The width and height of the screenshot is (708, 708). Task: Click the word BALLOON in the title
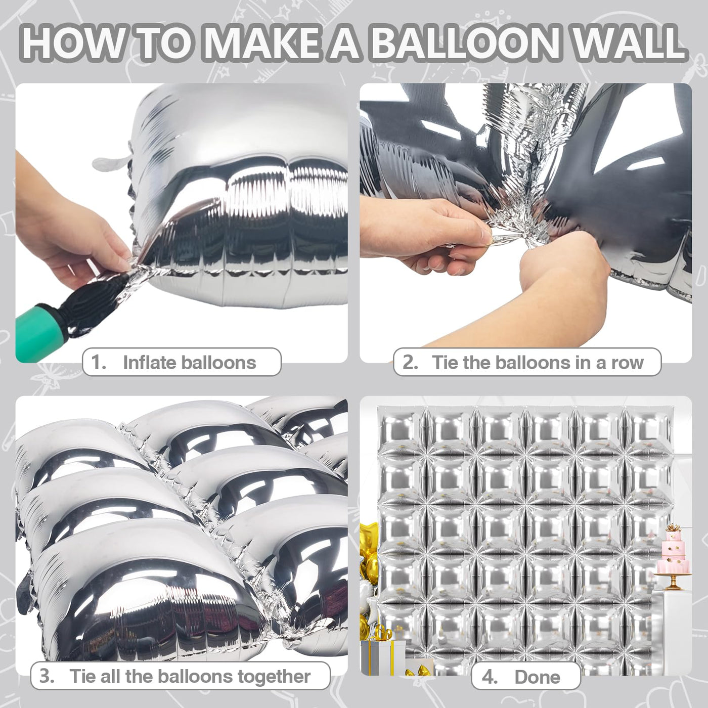click(465, 43)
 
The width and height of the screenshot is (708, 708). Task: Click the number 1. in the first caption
click(99, 362)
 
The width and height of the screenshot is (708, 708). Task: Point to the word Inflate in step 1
click(150, 362)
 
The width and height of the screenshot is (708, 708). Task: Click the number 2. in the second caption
click(411, 362)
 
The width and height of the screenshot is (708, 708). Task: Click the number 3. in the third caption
click(47, 676)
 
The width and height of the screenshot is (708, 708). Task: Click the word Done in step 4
click(538, 677)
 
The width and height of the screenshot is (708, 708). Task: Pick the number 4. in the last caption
click(490, 677)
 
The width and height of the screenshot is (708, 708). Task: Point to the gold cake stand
click(673, 580)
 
